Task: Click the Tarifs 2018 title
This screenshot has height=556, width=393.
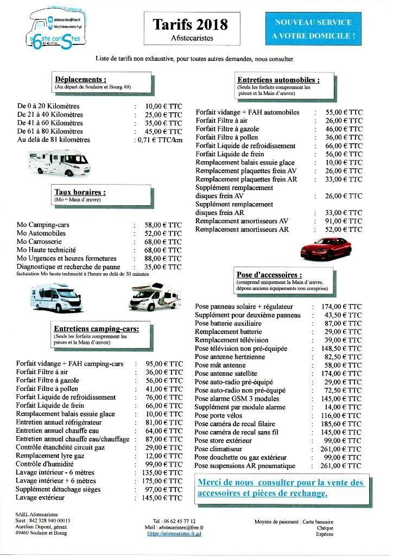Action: [190, 25]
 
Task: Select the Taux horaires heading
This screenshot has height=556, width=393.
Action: [80, 192]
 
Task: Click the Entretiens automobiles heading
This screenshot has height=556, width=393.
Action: [278, 79]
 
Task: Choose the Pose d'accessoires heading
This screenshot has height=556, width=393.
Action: [269, 275]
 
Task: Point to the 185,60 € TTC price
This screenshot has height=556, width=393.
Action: [341, 424]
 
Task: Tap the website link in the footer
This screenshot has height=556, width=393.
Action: [175, 534]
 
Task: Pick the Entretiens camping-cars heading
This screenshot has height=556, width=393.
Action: [96, 328]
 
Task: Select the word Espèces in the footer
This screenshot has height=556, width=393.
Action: [325, 534]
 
